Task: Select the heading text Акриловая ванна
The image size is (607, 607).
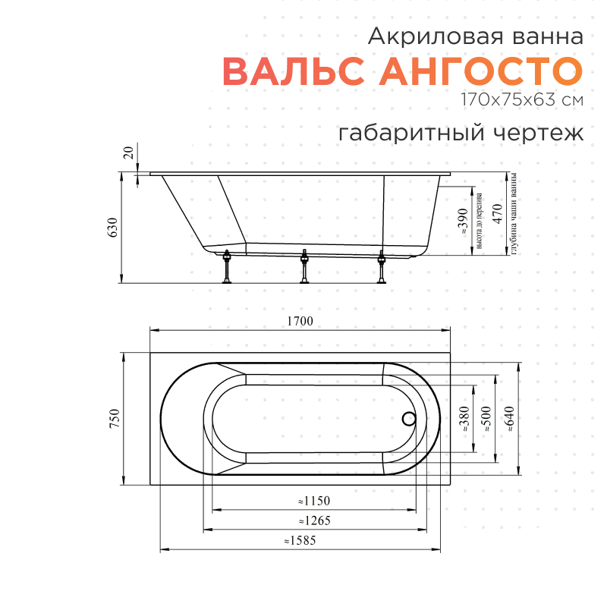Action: (x=476, y=36)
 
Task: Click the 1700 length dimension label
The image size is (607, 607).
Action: (x=300, y=321)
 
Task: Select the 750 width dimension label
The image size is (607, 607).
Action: (x=115, y=420)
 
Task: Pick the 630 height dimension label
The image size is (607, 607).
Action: (x=113, y=228)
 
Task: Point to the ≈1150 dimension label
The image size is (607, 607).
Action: (x=313, y=502)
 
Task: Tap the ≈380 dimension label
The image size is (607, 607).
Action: (x=464, y=420)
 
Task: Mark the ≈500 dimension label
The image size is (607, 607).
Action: (x=486, y=420)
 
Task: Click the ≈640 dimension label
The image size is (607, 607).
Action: (x=508, y=420)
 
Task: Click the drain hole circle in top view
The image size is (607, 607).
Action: (x=409, y=418)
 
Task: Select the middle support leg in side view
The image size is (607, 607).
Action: (x=305, y=267)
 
